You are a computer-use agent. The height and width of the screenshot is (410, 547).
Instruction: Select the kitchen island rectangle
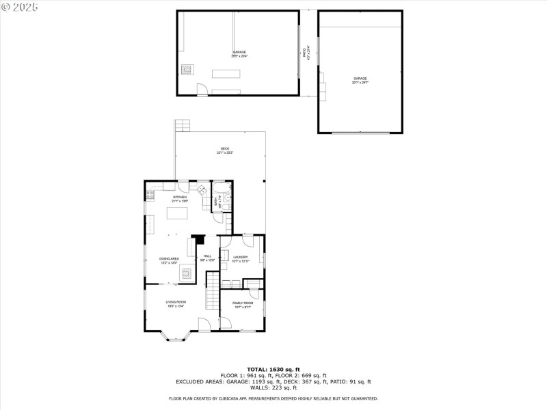tap(178, 213)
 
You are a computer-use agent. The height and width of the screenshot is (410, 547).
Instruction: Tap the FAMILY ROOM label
tap(243, 304)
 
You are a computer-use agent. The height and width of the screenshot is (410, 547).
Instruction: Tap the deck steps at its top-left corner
tap(181, 126)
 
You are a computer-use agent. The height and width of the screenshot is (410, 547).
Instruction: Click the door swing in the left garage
tap(201, 89)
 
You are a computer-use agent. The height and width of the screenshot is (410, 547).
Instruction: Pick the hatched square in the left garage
tap(186, 68)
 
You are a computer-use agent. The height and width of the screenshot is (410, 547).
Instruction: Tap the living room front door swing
tap(204, 325)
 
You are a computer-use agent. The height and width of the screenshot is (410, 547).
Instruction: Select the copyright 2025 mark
tap(20, 6)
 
